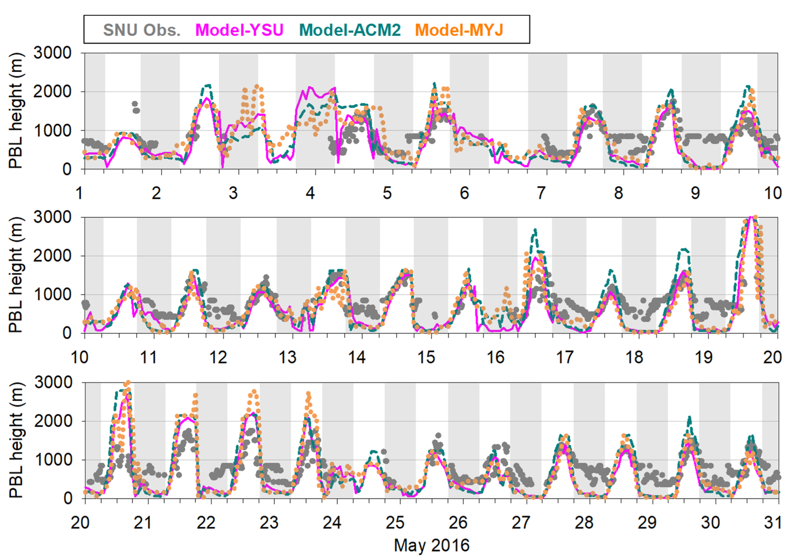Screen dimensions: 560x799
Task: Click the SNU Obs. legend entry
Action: point(142,30)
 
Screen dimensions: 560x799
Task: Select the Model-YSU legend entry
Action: point(239,30)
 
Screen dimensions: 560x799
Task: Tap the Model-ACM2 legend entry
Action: point(350,30)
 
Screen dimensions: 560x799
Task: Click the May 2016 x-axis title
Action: point(432,545)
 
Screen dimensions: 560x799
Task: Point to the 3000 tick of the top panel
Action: point(52,53)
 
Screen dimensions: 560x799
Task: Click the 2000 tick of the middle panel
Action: point(52,256)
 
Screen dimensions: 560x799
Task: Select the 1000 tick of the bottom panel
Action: point(53,460)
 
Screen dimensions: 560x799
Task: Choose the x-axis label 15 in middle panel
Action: point(426,357)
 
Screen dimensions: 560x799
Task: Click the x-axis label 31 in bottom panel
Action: point(773,523)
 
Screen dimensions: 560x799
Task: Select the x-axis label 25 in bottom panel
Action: point(395,523)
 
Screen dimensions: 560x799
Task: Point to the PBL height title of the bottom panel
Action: point(16,440)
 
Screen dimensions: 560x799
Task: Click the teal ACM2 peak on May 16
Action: point(535,230)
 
